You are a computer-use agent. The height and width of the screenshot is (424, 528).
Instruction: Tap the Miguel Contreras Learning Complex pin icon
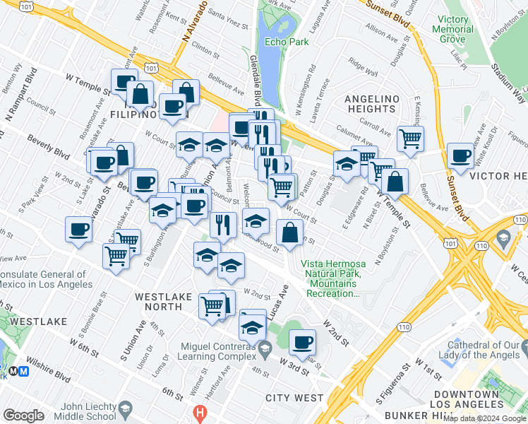click(x=265, y=347)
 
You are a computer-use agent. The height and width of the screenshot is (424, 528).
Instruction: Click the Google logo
click(x=23, y=415)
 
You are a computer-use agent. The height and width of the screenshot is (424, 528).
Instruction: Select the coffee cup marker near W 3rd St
click(x=303, y=343)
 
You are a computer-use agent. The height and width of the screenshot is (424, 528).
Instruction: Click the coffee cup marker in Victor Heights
click(x=461, y=156)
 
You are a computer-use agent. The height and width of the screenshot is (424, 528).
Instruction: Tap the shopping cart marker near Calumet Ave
click(x=410, y=139)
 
